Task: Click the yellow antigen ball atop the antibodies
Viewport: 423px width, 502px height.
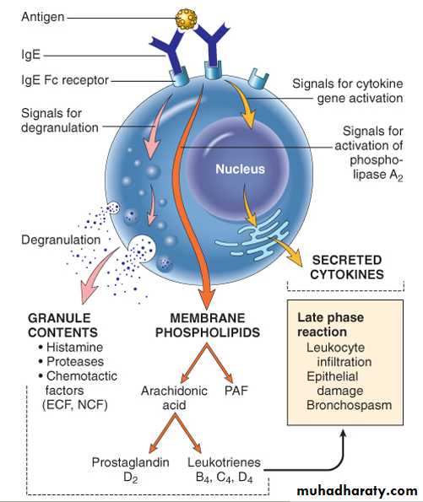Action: (187, 19)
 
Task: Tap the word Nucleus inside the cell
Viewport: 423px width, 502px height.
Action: (240, 169)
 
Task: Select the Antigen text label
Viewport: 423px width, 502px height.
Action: (43, 17)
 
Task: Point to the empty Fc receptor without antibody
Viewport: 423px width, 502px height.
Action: (258, 78)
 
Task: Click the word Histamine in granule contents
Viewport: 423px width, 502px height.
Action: (74, 347)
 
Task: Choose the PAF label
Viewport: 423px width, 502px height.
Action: (236, 391)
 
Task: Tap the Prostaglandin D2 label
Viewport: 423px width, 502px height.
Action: (130, 470)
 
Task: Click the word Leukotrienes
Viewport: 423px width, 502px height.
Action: (224, 462)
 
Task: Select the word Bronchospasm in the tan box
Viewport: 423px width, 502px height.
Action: (349, 405)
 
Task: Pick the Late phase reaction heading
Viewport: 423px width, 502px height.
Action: (330, 325)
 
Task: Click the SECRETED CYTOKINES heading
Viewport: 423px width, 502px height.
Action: (347, 267)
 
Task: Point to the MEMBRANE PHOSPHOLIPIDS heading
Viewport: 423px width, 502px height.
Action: (208, 326)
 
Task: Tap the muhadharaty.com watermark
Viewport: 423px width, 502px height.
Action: (357, 491)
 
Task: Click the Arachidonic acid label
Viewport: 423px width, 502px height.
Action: (174, 397)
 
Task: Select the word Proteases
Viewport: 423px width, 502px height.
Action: (75, 361)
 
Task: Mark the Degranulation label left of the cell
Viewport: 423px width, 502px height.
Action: (61, 240)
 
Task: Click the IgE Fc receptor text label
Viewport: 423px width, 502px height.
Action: (65, 80)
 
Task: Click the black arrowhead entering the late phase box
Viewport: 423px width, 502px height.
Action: (343, 435)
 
